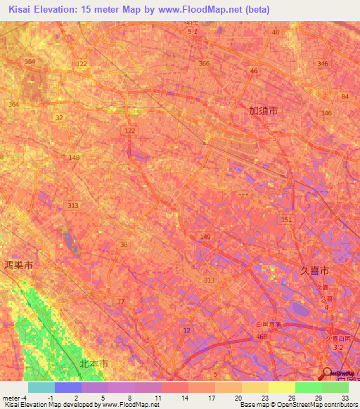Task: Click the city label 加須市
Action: [264, 110]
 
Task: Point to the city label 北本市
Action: [94, 364]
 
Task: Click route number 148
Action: [75, 157]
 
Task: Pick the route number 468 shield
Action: [261, 337]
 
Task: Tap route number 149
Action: [205, 238]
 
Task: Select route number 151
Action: [286, 220]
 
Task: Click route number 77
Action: [121, 301]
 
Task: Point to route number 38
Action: [124, 245]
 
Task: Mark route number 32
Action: [59, 117]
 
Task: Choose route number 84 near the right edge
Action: [345, 96]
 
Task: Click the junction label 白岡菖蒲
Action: [267, 324]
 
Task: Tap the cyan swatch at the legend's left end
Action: [41, 387]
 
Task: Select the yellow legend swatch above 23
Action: [255, 387]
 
